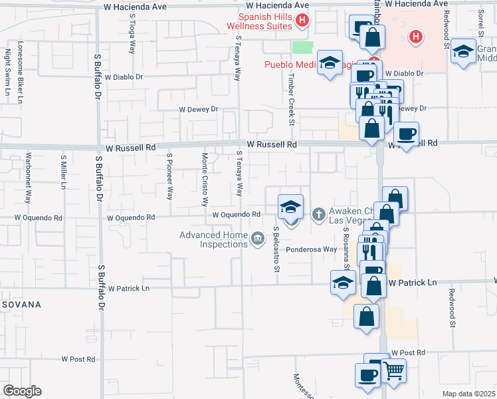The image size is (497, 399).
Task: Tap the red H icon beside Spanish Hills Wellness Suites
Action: point(302,21)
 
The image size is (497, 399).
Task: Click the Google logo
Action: point(22,391)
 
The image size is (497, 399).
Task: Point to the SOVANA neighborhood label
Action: point(21,305)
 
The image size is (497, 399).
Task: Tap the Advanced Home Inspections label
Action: point(213,239)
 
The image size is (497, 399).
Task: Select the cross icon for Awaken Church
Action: point(318,214)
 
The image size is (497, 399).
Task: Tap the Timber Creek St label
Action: point(291,104)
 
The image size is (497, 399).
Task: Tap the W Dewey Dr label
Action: point(198,109)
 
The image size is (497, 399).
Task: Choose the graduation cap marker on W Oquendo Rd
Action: point(290,207)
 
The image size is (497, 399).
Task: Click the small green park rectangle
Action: point(303,48)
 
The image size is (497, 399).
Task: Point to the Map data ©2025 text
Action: point(468,394)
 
